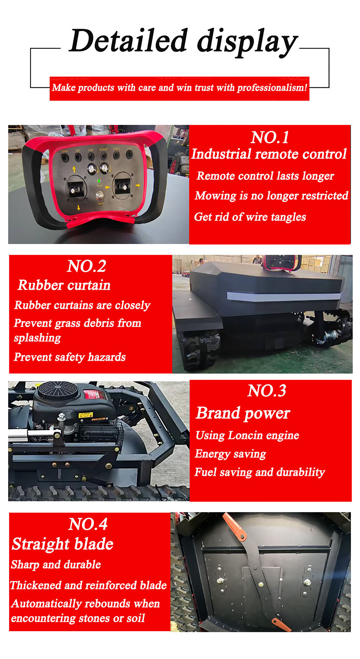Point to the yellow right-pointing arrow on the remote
point(138,185)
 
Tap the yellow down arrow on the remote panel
point(78,208)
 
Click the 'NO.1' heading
point(270,137)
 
